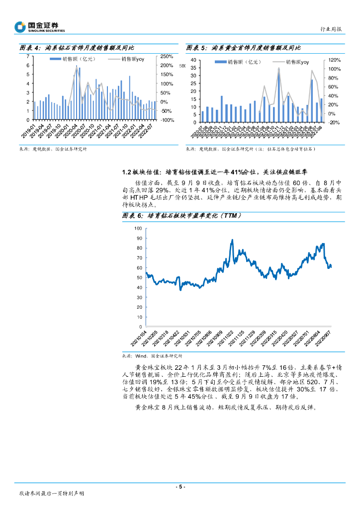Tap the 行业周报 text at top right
330,29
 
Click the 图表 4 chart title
77,48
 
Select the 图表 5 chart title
243,48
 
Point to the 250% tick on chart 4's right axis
167,56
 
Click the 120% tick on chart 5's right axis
334,60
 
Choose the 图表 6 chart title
182,216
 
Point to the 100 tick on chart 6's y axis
138,229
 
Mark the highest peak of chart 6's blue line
232,240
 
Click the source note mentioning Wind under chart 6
152,356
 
